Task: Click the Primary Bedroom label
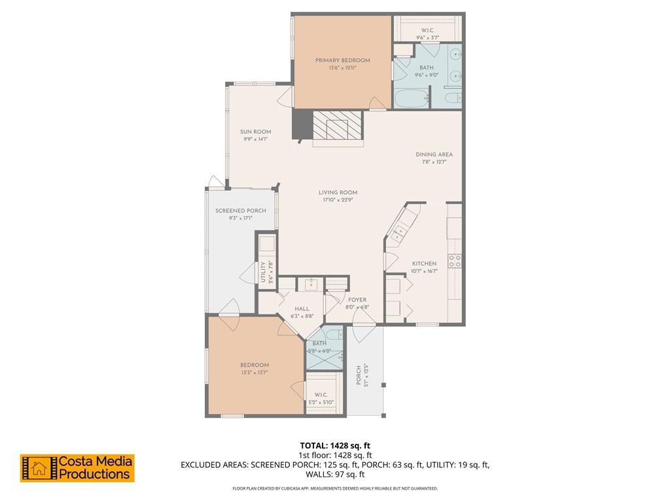[342, 60]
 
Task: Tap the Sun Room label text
[255, 132]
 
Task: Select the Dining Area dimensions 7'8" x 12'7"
[434, 162]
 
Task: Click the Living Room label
[338, 192]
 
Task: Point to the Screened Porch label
[241, 211]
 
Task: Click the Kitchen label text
[424, 263]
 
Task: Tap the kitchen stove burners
[455, 261]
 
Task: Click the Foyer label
[357, 300]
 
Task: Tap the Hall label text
[302, 309]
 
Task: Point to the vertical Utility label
[263, 271]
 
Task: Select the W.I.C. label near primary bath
[427, 30]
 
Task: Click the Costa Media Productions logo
[77, 468]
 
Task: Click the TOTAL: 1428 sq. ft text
[335, 446]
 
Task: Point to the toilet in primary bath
[451, 99]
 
